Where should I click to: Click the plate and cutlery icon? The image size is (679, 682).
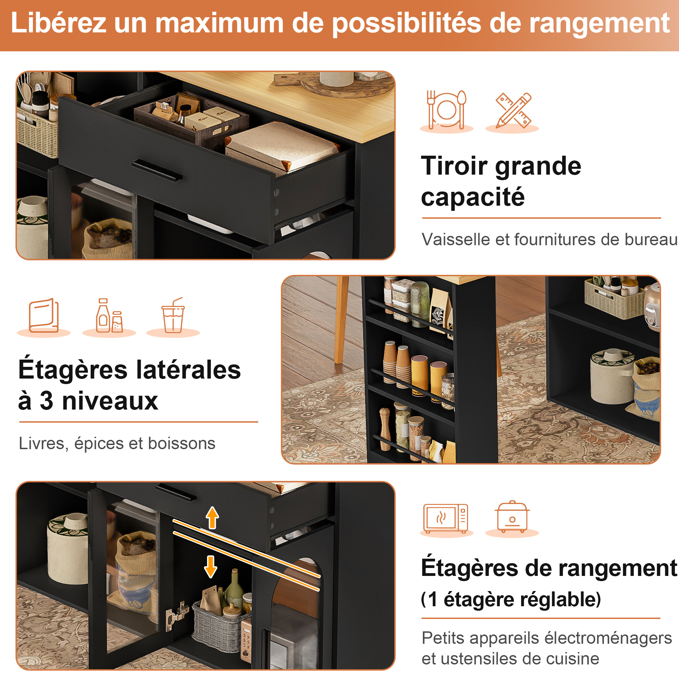(x=447, y=110)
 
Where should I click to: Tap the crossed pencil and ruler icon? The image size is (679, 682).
(x=513, y=110)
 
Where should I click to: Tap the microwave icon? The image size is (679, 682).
(x=446, y=518)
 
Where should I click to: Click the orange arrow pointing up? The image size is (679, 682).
(x=212, y=517)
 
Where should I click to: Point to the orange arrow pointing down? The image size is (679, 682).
(x=211, y=567)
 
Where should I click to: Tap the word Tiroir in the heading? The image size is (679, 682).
(x=455, y=166)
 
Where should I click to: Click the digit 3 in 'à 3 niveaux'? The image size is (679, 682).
(x=46, y=401)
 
